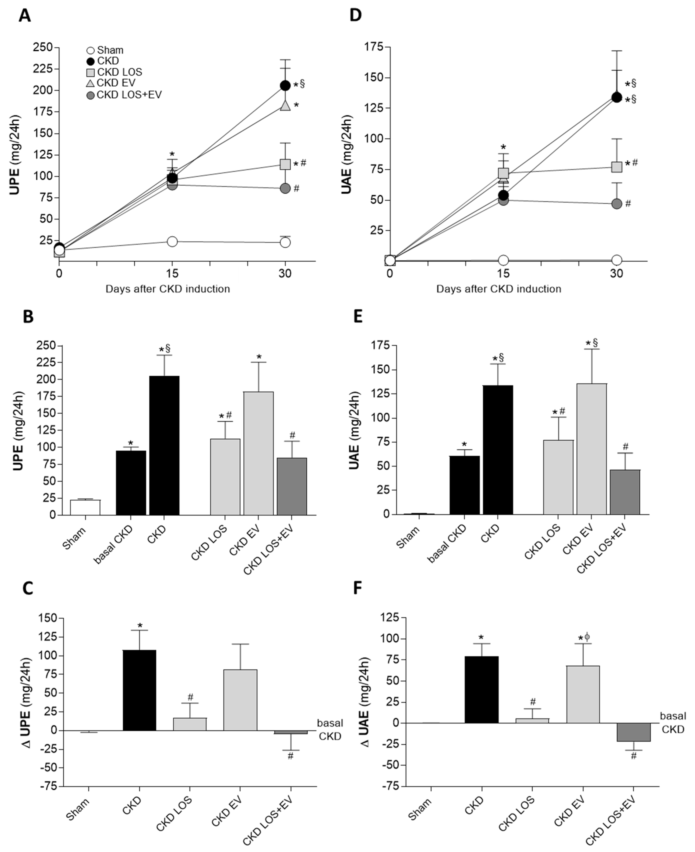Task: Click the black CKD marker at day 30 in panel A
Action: click(x=285, y=85)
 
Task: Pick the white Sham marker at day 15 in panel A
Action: click(x=172, y=241)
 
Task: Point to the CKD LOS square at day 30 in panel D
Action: click(x=617, y=167)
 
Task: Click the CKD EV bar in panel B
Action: click(x=259, y=454)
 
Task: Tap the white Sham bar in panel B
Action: click(x=85, y=507)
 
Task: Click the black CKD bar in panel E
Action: click(x=498, y=450)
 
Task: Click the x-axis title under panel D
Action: click(x=498, y=289)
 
